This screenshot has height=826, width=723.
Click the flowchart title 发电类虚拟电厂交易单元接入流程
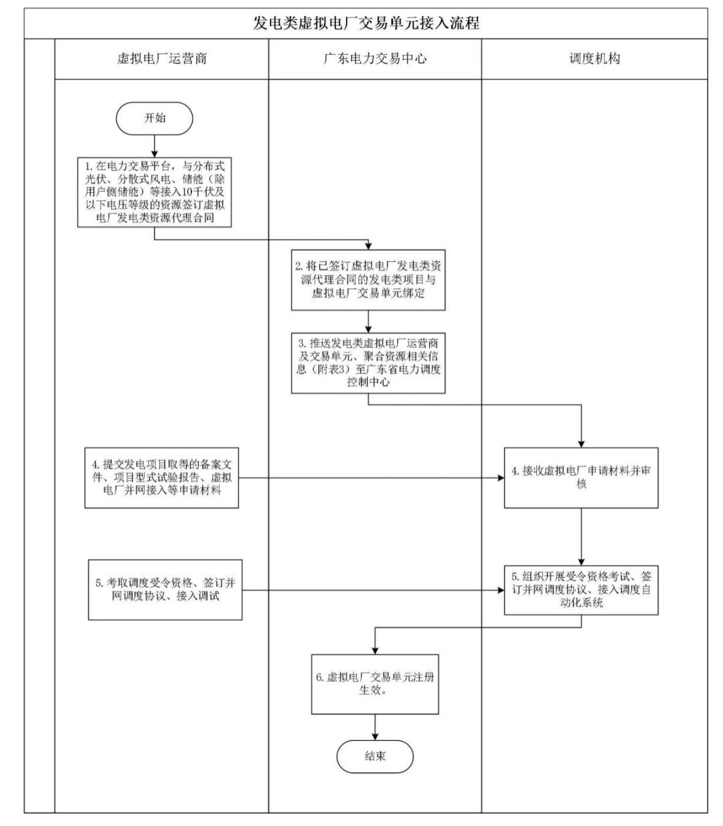click(x=366, y=23)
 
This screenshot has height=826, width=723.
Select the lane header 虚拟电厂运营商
click(x=161, y=59)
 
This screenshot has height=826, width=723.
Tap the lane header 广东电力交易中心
click(x=375, y=59)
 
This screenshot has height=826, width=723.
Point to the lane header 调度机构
click(x=594, y=59)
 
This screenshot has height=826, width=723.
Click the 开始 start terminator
click(x=155, y=118)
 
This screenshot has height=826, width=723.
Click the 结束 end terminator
click(x=375, y=756)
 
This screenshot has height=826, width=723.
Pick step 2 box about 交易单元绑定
click(x=368, y=280)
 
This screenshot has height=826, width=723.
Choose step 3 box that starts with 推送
click(x=368, y=363)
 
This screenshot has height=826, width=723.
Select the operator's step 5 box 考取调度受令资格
click(x=165, y=590)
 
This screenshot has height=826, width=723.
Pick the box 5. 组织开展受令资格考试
click(x=581, y=589)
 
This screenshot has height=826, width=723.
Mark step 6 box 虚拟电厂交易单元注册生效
click(x=375, y=683)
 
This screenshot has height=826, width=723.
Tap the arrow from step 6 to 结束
click(x=375, y=727)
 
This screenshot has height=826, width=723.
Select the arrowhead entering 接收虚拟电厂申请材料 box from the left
click(x=500, y=479)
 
